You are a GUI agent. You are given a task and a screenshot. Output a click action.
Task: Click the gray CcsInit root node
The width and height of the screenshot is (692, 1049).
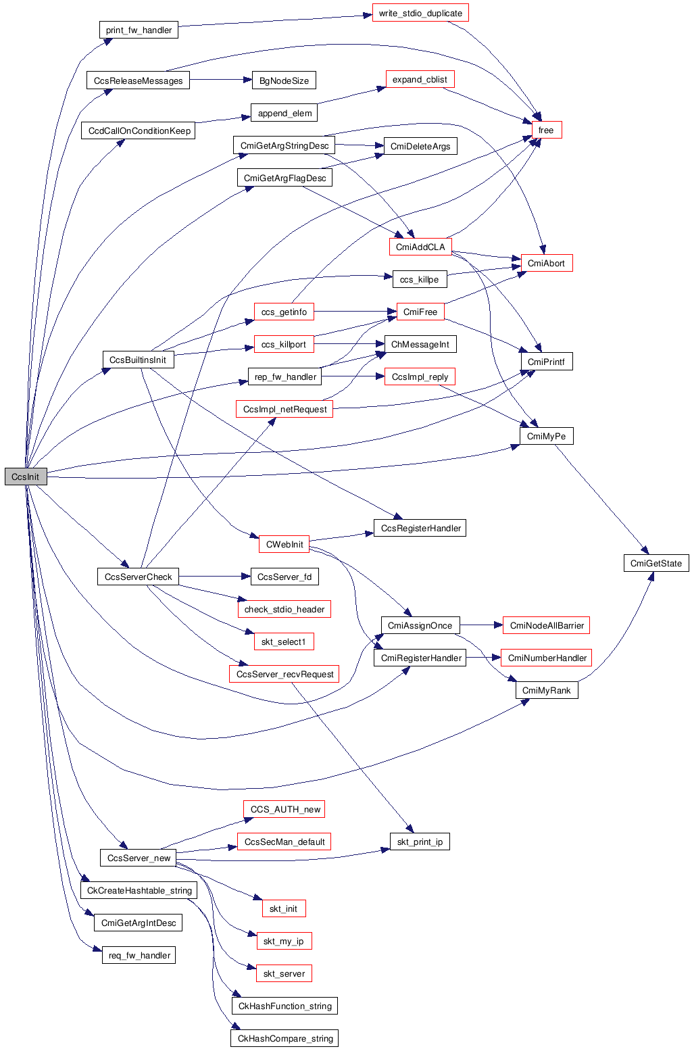[26, 477]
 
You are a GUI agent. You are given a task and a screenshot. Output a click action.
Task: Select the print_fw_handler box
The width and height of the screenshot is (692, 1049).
[139, 30]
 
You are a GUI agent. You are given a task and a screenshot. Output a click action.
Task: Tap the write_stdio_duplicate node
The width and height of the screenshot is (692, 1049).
[420, 14]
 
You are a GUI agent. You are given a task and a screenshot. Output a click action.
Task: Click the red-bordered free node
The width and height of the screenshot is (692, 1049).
[546, 130]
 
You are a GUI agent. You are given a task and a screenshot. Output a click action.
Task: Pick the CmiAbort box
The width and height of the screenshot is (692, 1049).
[546, 263]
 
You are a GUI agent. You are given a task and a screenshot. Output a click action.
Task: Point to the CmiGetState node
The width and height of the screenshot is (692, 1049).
[656, 563]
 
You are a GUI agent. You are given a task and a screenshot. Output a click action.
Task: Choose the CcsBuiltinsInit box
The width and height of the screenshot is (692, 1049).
[138, 360]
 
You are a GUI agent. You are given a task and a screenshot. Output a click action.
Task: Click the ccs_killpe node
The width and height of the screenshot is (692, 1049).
[419, 279]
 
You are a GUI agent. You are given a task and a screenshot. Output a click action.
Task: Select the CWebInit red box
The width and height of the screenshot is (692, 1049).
[285, 544]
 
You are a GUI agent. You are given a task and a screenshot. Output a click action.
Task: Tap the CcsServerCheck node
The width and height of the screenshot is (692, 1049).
[138, 577]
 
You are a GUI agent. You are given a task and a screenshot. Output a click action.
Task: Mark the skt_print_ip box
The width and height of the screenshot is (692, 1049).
[420, 841]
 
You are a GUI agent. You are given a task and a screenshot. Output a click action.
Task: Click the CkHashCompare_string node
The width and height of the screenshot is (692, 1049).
[285, 1038]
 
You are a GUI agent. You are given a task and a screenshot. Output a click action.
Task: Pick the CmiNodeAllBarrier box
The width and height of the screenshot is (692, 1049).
[546, 625]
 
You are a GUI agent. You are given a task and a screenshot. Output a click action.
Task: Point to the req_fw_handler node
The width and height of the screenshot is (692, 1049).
[139, 955]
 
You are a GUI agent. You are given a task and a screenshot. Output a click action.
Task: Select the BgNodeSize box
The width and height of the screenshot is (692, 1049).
[284, 80]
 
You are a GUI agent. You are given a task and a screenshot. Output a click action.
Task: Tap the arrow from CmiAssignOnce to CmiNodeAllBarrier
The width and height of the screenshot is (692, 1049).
[481, 625]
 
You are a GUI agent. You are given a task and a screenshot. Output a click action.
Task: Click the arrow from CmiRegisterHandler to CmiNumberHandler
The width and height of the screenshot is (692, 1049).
[483, 658]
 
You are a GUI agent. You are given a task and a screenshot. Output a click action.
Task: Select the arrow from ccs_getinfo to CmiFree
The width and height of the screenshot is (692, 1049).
[355, 312]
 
